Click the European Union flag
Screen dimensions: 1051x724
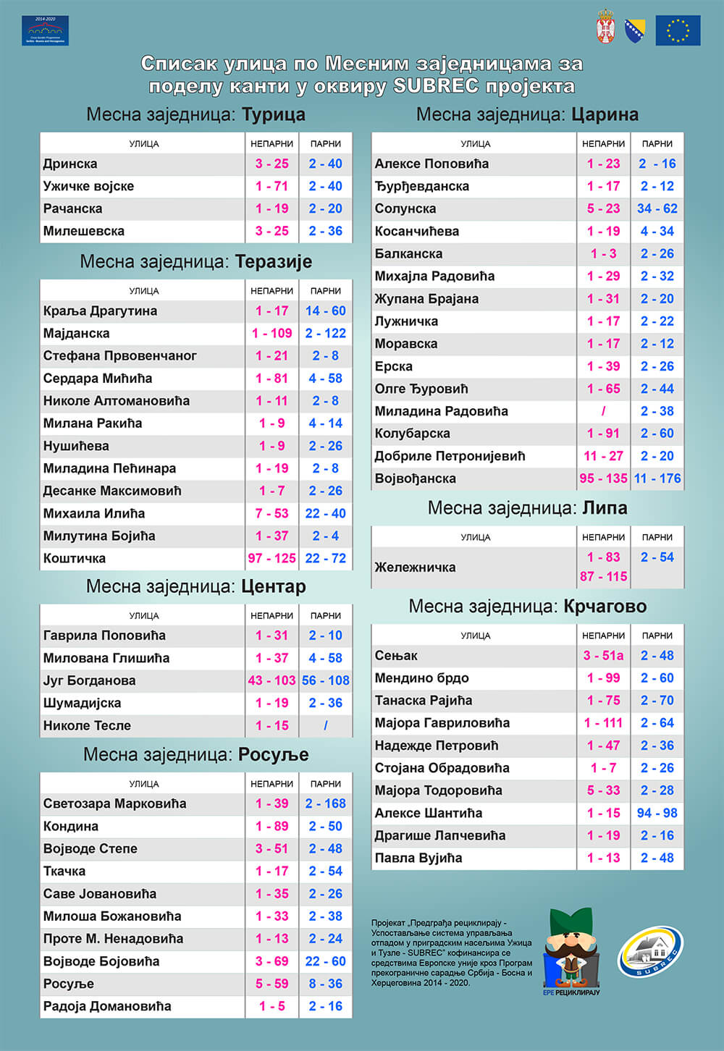coord(678,30)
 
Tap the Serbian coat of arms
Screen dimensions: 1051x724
coord(605,28)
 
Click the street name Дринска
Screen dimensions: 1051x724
coord(70,164)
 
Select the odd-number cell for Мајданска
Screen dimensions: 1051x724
coord(271,333)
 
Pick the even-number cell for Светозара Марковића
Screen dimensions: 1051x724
coord(325,803)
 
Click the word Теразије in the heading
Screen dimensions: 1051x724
coord(274,261)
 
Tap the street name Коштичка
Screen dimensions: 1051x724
coord(75,558)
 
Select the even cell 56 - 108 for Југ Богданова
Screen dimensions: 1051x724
coord(325,680)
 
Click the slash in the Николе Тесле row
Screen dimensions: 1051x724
coord(325,725)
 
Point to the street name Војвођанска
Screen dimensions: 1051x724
coord(415,478)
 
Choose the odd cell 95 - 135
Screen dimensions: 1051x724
coord(603,478)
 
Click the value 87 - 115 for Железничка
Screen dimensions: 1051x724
coord(603,576)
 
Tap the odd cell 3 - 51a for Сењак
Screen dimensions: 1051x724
coord(603,655)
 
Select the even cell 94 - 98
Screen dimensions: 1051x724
coord(657,813)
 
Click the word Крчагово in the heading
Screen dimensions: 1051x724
coord(605,606)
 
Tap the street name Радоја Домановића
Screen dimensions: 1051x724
coord(107,1006)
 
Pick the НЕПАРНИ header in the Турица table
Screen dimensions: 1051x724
coord(271,144)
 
